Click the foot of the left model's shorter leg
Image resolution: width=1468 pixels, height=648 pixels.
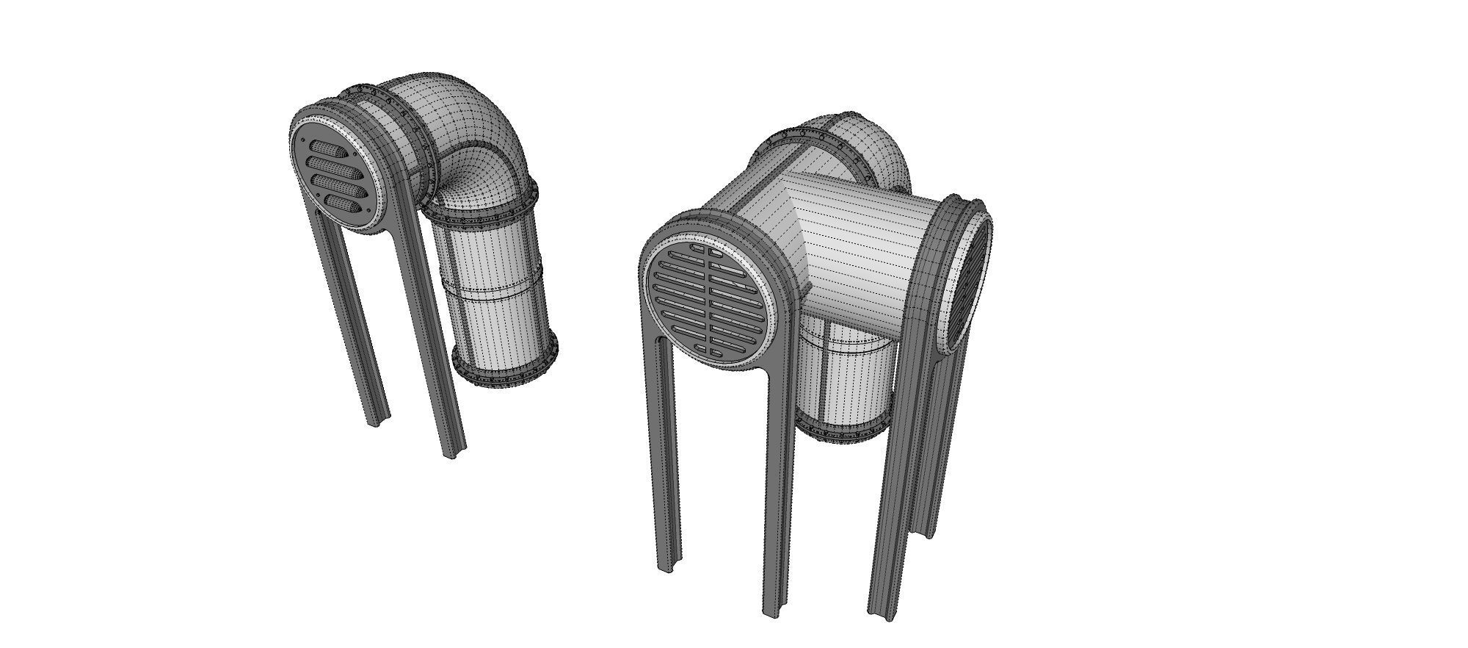pos(379,420)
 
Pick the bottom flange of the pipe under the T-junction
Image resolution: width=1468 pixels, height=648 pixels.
pos(844,433)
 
